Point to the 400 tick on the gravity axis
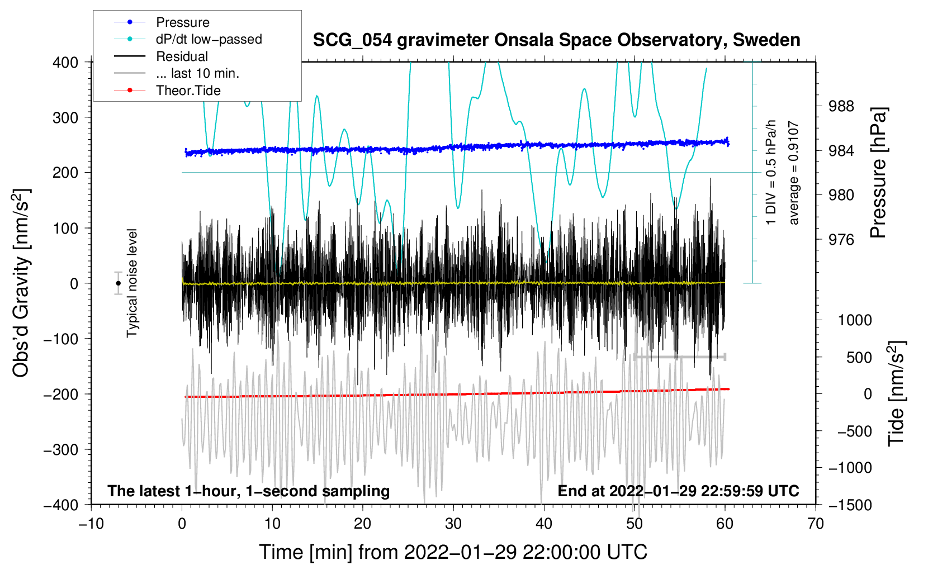[65, 63]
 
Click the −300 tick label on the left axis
[61, 450]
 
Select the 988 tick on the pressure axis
[841, 107]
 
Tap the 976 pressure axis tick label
[841, 239]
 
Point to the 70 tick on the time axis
[815, 524]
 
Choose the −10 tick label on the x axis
[91, 524]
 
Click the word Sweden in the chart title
[766, 40]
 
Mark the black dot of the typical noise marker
[118, 283]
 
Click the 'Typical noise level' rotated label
[132, 283]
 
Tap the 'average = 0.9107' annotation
[793, 173]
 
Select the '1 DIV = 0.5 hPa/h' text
[770, 173]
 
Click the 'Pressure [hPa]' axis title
[878, 173]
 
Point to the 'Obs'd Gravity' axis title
[21, 283]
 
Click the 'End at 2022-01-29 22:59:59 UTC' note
[678, 491]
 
